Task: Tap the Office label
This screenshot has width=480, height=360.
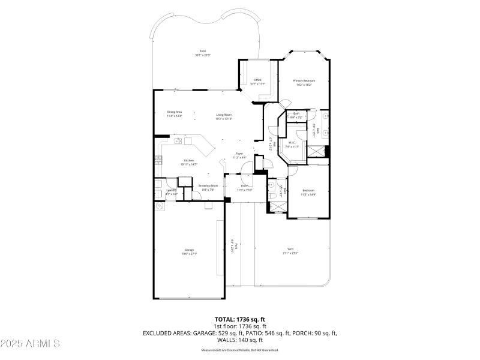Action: click(x=257, y=80)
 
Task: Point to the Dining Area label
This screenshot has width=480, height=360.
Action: click(x=175, y=113)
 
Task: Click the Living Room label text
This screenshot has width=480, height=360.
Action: click(x=224, y=115)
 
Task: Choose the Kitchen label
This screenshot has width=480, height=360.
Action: click(x=188, y=161)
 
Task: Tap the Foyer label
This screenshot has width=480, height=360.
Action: click(x=239, y=155)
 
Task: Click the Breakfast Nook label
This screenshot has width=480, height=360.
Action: click(x=208, y=187)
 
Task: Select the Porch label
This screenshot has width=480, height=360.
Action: click(x=245, y=187)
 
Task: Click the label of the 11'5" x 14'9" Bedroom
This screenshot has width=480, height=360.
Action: click(x=308, y=191)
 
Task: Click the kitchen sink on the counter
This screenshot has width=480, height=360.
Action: click(x=179, y=142)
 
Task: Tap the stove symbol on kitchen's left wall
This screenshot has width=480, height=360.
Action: click(x=159, y=160)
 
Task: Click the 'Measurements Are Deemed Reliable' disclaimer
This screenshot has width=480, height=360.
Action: click(x=240, y=350)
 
